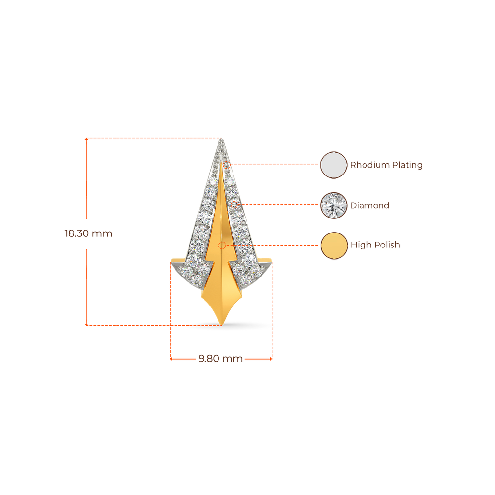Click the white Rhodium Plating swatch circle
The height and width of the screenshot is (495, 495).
pos(334,165)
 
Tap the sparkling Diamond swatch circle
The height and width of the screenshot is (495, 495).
pos(334,205)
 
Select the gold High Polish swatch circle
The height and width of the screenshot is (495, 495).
pos(334,246)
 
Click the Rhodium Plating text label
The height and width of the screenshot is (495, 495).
pos(387,165)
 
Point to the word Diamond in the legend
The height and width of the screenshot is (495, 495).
pos(370,205)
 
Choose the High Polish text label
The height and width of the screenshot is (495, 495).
pos(376,245)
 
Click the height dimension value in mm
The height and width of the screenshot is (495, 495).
pos(88,233)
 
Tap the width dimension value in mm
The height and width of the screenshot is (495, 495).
pos(220,359)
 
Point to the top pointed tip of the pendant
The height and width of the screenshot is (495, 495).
pos(222,140)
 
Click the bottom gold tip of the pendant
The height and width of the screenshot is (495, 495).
pos(221,323)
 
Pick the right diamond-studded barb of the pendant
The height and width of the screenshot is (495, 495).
pos(255,274)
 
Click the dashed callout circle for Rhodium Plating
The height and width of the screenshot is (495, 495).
pos(227,165)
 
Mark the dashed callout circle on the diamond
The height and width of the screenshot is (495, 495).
pos(235,205)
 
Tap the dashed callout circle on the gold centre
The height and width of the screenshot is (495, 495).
pos(222,245)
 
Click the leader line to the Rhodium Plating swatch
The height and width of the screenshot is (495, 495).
pos(276,165)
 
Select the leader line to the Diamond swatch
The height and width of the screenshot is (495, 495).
pos(280,205)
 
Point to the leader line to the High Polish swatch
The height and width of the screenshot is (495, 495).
pos(288,245)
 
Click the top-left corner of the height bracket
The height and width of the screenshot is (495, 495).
pos(86,139)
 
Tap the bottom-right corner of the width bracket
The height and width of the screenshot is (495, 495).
pos(272,359)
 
